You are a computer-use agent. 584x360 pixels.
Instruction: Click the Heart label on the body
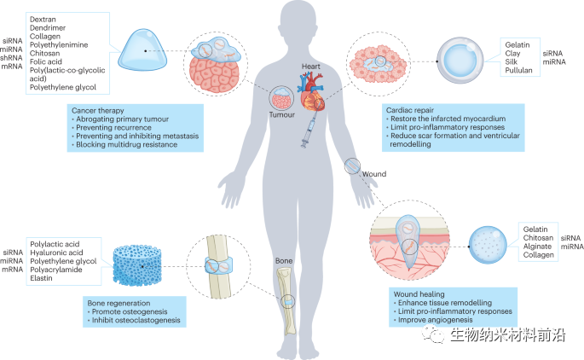click(310, 65)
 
